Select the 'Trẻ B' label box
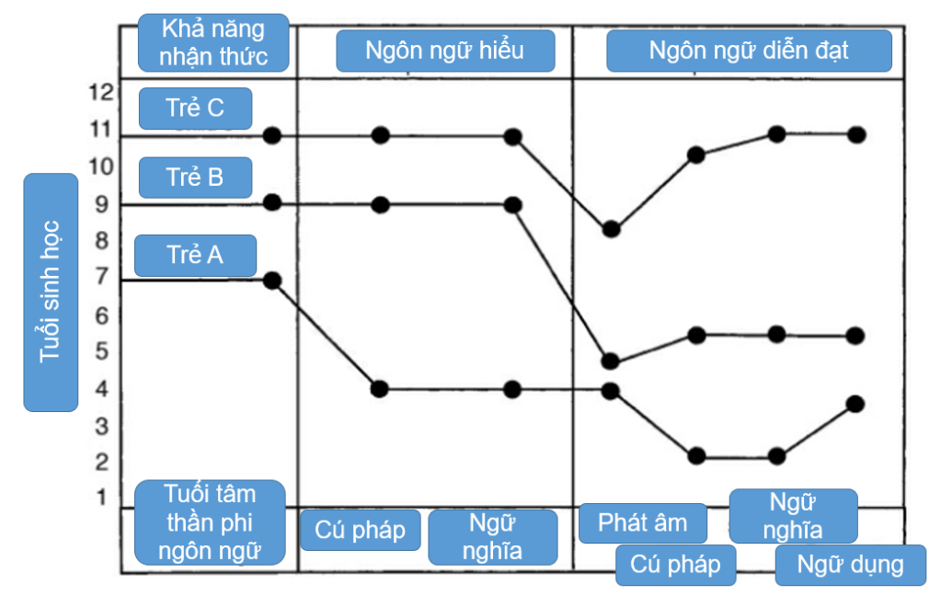(x=195, y=177)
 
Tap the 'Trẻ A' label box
(x=195, y=255)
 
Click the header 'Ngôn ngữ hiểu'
(x=445, y=51)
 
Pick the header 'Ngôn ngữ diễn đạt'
(x=749, y=51)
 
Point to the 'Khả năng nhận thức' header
(x=212, y=43)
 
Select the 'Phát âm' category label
(x=643, y=523)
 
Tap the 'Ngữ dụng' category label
(x=850, y=565)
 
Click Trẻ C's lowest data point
(x=611, y=229)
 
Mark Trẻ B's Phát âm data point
(x=610, y=361)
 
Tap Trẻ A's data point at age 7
(x=272, y=280)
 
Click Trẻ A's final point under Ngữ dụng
(x=855, y=403)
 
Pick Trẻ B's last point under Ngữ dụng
(x=855, y=336)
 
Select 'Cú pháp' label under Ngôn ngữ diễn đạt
(x=675, y=565)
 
